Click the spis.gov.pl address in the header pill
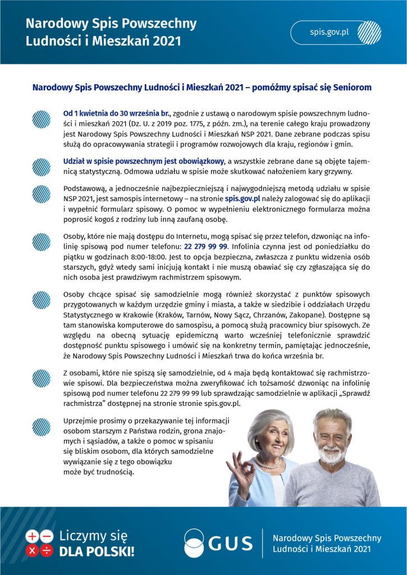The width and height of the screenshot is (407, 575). pos(330,31)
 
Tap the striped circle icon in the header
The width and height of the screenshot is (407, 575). pos(369,32)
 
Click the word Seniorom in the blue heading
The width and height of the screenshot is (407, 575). pos(349,88)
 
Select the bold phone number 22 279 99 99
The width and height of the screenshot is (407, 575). pos(205,246)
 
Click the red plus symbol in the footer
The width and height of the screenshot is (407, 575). pos(33,536)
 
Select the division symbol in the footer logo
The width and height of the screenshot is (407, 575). pos(47,550)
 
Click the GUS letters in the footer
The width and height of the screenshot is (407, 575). pos(231,543)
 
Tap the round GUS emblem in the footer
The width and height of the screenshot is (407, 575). pos(194,543)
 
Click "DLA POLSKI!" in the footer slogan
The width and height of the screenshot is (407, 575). pos(97,551)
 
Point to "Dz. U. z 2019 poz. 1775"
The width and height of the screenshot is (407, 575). pos(172,124)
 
